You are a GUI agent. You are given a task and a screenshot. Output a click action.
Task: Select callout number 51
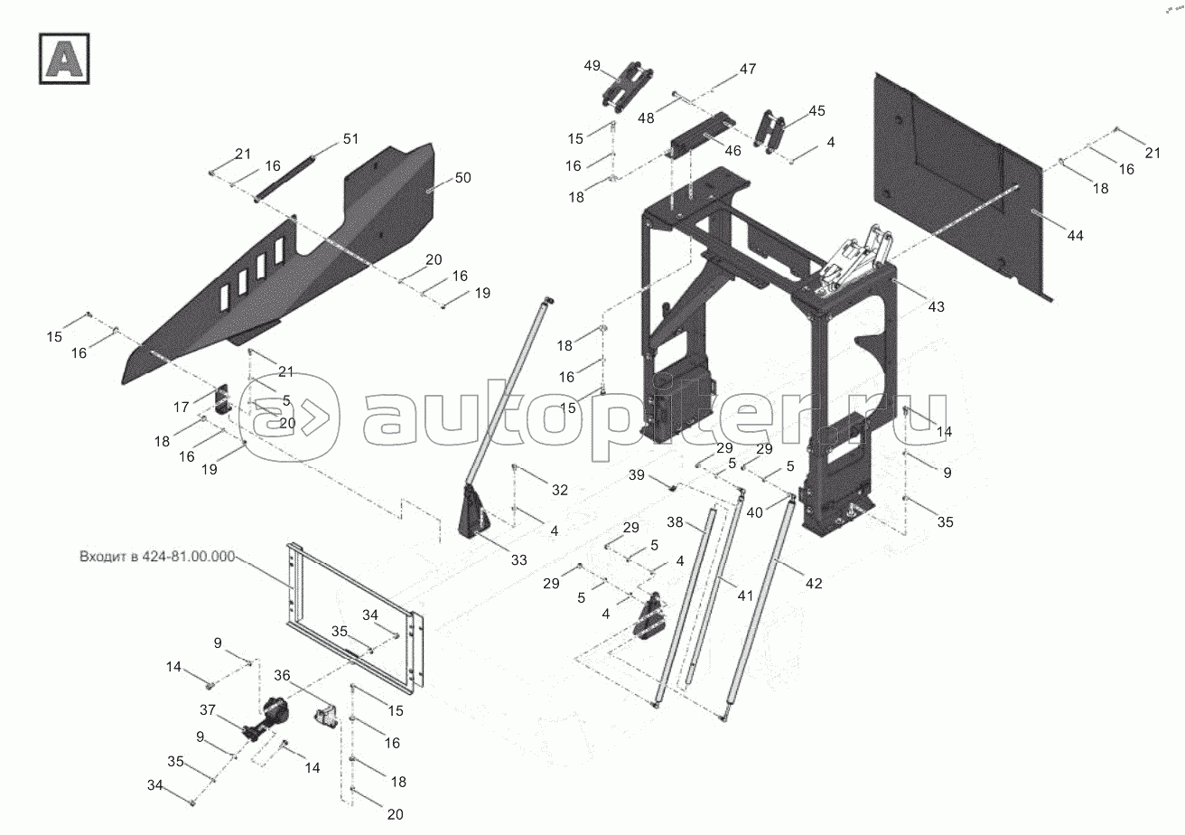coord(350,138)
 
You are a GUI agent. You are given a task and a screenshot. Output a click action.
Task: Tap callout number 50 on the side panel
coord(462,178)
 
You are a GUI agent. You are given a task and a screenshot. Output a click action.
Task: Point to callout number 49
coord(592,66)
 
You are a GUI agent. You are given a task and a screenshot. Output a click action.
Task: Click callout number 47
coord(748,69)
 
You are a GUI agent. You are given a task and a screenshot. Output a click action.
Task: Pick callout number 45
coord(816,110)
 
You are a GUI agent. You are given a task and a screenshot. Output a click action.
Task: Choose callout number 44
coord(1075,235)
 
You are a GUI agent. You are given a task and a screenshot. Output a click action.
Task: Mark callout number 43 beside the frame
coord(936,307)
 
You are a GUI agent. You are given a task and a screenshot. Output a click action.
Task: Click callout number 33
coord(518,560)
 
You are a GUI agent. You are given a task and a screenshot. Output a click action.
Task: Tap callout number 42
coord(814,584)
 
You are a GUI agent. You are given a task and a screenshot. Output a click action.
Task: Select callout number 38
coord(675,522)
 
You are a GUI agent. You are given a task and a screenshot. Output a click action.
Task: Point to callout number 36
coord(283,674)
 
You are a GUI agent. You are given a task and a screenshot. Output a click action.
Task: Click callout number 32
coord(560,490)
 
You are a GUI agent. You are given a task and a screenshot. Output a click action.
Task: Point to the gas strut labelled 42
coord(759,605)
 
